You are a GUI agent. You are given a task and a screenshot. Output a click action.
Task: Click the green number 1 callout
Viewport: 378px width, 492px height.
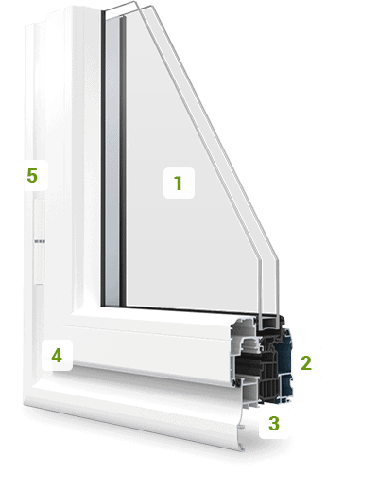(179, 183)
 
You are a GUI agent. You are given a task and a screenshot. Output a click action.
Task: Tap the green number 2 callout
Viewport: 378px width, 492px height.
(306, 363)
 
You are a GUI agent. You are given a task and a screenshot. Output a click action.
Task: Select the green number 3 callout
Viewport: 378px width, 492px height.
(274, 424)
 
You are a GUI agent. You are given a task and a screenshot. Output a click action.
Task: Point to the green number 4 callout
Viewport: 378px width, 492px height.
(57, 356)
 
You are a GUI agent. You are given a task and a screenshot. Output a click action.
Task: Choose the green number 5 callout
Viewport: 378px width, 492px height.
(32, 175)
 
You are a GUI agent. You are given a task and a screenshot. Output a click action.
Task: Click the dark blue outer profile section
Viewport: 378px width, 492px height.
(284, 366)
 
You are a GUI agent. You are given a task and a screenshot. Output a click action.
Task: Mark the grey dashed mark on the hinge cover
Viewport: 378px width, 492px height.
(40, 241)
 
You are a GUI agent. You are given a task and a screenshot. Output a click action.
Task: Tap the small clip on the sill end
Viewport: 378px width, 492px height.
(242, 427)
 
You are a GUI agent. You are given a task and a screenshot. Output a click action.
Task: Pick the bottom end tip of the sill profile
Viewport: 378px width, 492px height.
(242, 448)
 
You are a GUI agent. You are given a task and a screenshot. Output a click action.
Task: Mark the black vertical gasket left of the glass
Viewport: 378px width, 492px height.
(103, 158)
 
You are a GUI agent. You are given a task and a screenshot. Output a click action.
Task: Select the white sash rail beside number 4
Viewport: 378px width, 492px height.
(151, 350)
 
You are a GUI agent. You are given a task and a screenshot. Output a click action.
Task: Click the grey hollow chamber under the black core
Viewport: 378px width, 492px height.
(251, 393)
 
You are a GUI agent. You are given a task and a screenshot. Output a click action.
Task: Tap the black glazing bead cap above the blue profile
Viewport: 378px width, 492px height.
(270, 323)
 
